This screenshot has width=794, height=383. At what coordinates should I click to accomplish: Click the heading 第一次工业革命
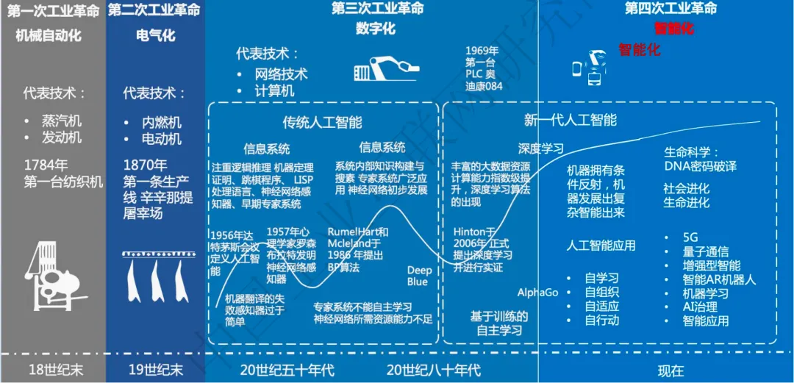(53, 10)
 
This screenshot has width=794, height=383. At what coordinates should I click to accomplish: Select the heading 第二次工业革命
(154, 10)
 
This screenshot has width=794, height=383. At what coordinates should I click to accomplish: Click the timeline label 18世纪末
(53, 370)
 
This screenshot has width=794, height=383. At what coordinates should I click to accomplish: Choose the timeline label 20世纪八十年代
(434, 370)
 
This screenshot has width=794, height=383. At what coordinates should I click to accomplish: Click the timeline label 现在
(670, 370)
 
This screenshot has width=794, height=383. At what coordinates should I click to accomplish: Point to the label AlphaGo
(537, 292)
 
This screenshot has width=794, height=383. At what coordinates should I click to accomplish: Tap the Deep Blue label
(420, 276)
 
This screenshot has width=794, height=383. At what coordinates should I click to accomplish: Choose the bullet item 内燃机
(162, 123)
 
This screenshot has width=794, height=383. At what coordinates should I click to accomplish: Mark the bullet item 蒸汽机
(62, 121)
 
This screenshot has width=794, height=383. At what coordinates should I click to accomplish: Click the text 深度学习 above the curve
(541, 148)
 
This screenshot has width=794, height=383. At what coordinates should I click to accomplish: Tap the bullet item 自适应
(601, 306)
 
